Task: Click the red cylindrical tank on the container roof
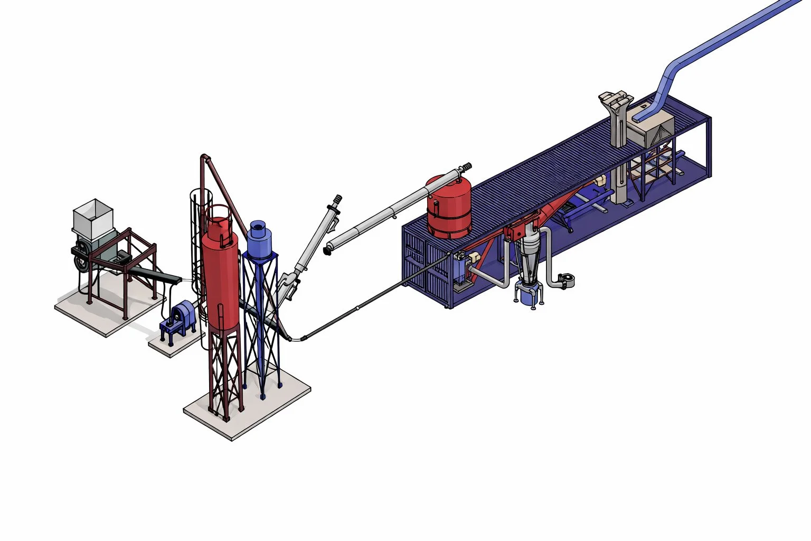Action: pos(450,208)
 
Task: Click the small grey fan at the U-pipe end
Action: pos(566,280)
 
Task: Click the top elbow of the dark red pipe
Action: pos(205,157)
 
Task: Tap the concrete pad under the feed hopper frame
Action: pos(106,312)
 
